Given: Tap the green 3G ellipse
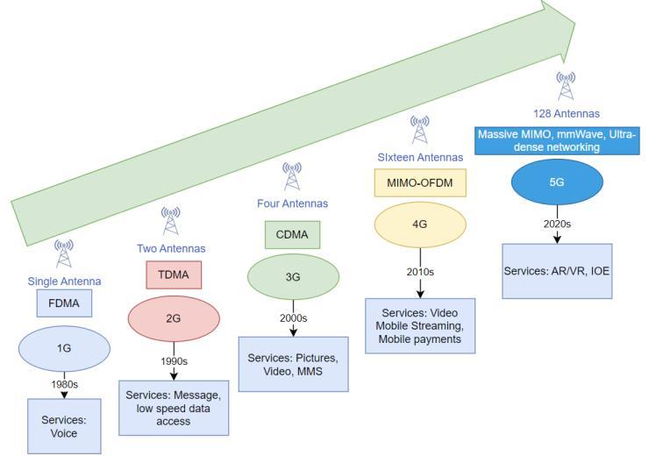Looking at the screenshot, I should click(293, 276).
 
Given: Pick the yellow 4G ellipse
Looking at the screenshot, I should click(419, 224).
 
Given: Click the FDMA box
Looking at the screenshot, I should click(63, 303).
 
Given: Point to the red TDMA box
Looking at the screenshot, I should click(173, 274).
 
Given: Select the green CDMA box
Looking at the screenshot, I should click(293, 235).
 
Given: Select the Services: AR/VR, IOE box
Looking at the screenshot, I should click(557, 271).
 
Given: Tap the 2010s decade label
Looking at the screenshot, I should click(419, 271).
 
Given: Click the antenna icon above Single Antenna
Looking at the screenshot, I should click(63, 253).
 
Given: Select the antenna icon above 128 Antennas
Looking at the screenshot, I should click(566, 86).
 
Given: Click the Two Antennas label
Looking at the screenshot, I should click(171, 248).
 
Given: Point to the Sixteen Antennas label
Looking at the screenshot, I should click(420, 157).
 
